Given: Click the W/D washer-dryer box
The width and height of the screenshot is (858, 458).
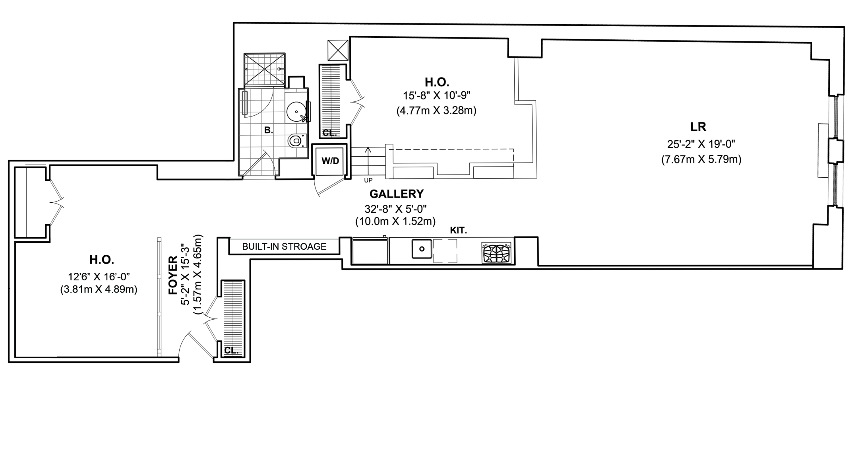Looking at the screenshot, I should (x=330, y=161).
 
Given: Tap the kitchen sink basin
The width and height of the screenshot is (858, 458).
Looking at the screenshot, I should (x=422, y=249).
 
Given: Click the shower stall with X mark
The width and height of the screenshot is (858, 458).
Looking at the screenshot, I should (x=264, y=69).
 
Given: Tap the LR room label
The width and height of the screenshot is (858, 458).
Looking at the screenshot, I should (x=698, y=127).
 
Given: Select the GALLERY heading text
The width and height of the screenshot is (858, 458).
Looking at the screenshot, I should (x=396, y=194).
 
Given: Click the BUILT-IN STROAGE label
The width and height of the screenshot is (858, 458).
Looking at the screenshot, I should (x=284, y=246).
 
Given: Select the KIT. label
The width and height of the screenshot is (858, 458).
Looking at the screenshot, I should (x=458, y=230).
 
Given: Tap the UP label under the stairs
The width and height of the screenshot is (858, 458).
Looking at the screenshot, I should (x=368, y=180).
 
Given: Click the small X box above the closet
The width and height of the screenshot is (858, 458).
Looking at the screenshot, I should (x=338, y=50).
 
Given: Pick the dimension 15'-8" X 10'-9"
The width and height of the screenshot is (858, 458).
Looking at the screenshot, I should (x=436, y=96).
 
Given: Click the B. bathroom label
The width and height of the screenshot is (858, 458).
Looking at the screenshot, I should (x=269, y=130).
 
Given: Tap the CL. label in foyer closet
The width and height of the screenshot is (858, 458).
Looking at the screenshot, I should (x=231, y=351).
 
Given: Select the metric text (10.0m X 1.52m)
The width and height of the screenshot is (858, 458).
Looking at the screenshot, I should (x=395, y=221).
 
